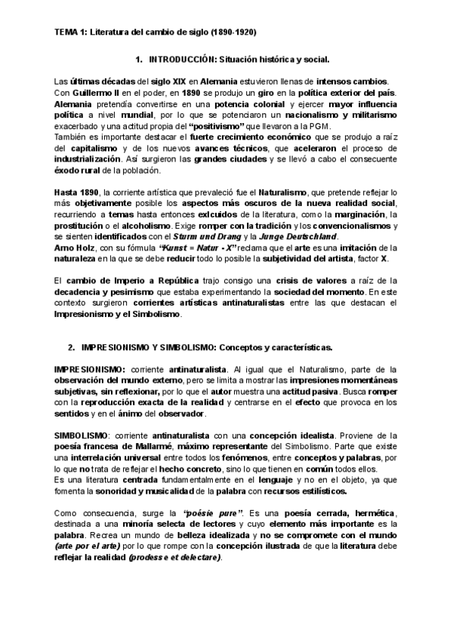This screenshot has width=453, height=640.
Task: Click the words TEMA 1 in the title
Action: [71, 33]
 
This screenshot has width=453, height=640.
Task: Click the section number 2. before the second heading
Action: [71, 348]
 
